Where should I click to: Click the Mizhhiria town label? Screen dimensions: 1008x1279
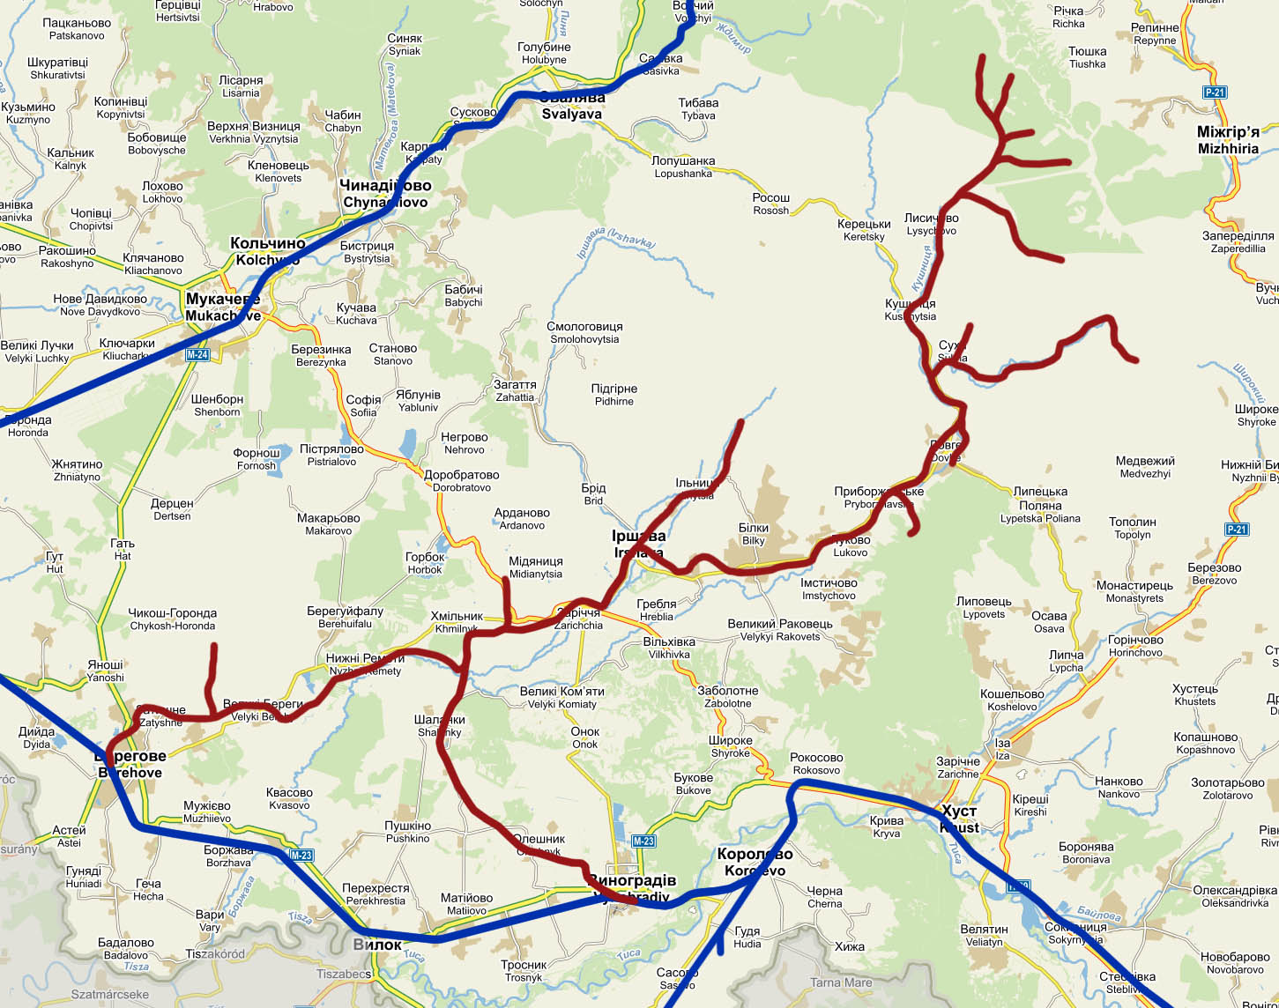tap(1228, 140)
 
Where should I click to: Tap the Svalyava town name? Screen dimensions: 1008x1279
tap(571, 106)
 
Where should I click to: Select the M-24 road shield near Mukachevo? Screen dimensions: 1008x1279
tap(197, 355)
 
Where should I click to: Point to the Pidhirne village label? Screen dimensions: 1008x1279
tap(613, 395)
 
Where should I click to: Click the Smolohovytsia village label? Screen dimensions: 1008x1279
tap(584, 333)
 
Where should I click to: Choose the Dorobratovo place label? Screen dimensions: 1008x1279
tap(461, 481)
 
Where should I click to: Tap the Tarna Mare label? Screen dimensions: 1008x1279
tap(840, 982)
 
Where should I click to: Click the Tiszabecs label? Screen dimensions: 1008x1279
tap(344, 974)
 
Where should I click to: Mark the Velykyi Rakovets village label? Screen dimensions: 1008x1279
tap(779, 630)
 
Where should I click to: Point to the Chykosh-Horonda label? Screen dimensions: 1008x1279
tap(173, 619)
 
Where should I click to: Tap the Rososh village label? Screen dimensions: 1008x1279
tap(771, 204)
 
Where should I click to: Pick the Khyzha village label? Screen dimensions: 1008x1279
tap(850, 947)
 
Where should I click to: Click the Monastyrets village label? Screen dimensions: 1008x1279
tap(1134, 592)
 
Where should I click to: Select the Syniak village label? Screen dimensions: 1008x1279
tap(405, 45)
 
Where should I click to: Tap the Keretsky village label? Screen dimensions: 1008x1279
tap(864, 230)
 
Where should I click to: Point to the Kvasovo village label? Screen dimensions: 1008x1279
tap(289, 799)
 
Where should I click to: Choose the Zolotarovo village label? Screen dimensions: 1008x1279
tap(1228, 789)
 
